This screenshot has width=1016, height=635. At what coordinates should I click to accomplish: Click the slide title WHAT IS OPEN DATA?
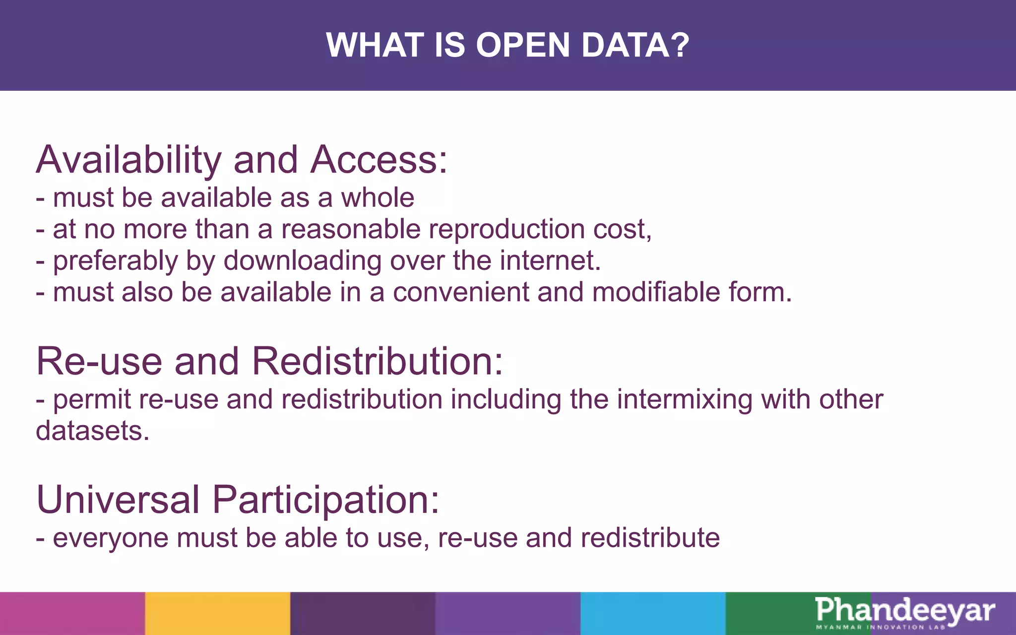click(x=508, y=45)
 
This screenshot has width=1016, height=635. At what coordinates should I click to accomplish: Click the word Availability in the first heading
click(x=128, y=160)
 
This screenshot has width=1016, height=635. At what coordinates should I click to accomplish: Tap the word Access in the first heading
click(x=379, y=160)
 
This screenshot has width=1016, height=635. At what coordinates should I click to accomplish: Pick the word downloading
click(x=303, y=261)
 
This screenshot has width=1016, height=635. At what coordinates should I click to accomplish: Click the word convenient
click(x=461, y=292)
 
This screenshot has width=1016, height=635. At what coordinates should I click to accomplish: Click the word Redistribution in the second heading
click(x=377, y=361)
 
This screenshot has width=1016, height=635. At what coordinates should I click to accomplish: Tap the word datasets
click(x=92, y=431)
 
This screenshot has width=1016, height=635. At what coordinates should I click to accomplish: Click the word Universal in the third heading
click(x=118, y=500)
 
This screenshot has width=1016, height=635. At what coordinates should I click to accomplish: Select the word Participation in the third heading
click(x=325, y=500)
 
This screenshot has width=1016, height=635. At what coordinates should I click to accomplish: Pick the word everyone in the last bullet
click(x=111, y=538)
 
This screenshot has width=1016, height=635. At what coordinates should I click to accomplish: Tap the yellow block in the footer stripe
click(x=217, y=613)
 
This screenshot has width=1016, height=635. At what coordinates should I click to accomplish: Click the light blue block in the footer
click(x=653, y=613)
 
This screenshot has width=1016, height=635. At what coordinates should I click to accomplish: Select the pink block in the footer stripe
click(x=72, y=613)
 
